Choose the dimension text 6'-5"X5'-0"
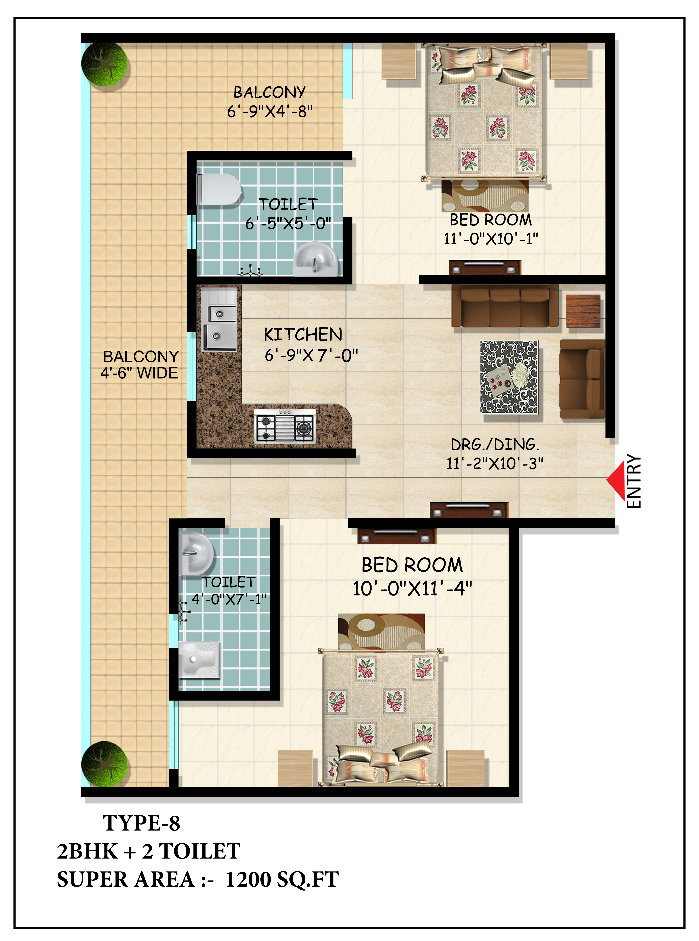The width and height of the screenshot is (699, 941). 288,223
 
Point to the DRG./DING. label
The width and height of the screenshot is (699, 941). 495,445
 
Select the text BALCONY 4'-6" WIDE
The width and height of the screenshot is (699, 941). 140,365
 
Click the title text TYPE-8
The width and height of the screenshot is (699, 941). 141,823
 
